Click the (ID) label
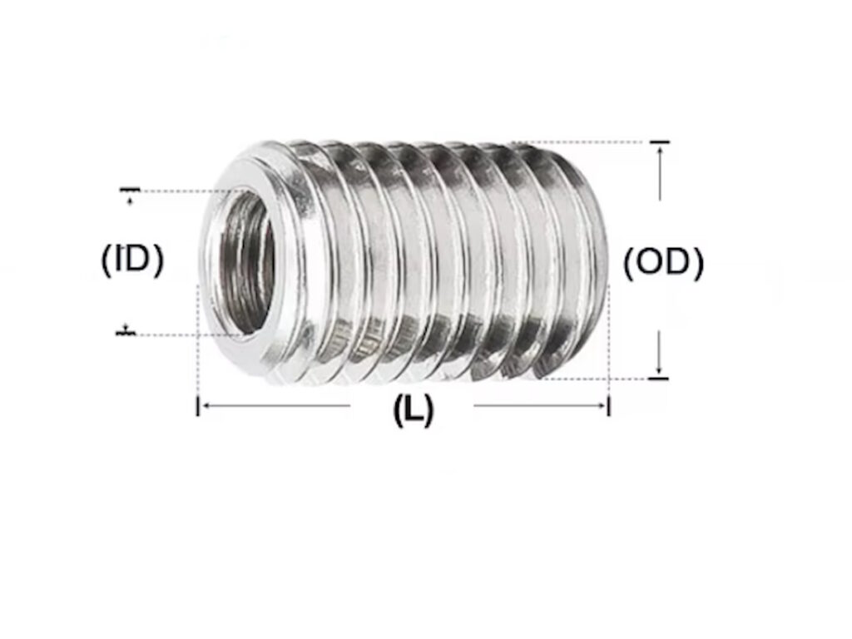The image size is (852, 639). (x=132, y=261)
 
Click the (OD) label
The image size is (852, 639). (x=663, y=263)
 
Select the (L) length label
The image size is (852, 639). (x=413, y=410)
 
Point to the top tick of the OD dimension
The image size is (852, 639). (x=659, y=143)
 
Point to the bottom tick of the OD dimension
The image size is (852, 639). (x=658, y=379)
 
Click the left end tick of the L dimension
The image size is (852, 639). (x=198, y=406)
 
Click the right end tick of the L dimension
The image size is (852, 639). (x=609, y=406)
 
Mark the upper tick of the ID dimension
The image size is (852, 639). (x=129, y=191)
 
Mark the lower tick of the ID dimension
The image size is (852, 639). (x=126, y=333)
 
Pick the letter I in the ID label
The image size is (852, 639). (x=121, y=261)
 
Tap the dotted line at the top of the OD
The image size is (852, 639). (x=582, y=142)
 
